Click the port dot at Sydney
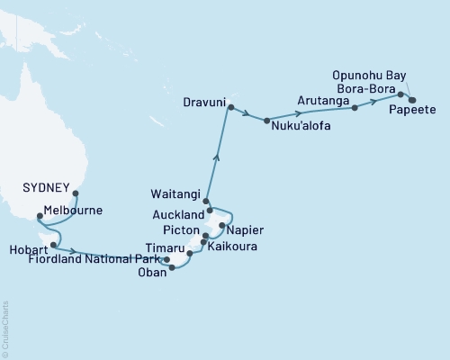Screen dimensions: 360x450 pyautogui.click(x=76, y=192)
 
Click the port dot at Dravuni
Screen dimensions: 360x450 pyautogui.click(x=230, y=108)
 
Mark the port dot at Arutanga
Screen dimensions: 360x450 pyautogui.click(x=355, y=107)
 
